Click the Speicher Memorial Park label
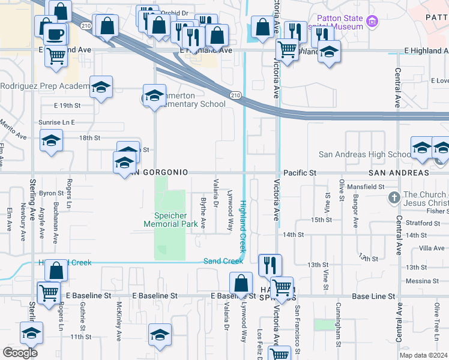pyautogui.click(x=170, y=220)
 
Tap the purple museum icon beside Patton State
pyautogui.click(x=373, y=22)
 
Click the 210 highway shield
pyautogui.click(x=237, y=95)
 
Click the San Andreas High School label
pyautogui.click(x=364, y=154)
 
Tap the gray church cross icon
pyautogui.click(x=394, y=197)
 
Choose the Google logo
pyautogui.click(x=20, y=352)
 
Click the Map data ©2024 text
pyautogui.click(x=424, y=355)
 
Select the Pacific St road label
pyautogui.click(x=300, y=173)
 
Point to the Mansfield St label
pyautogui.click(x=369, y=187)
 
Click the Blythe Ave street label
pyautogui.click(x=203, y=213)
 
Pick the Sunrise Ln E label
pyautogui.click(x=56, y=122)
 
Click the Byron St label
pyautogui.click(x=51, y=193)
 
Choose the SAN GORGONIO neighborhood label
pyautogui.click(x=157, y=173)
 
